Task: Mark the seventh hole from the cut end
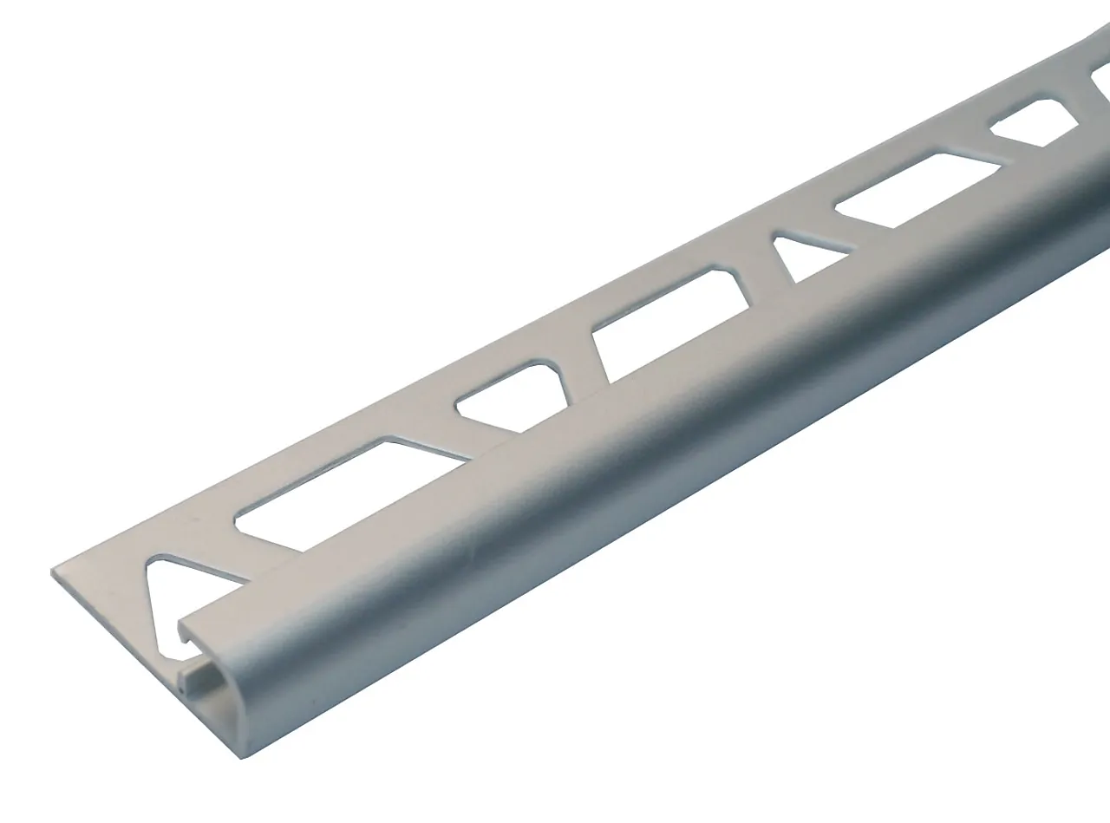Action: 1036,125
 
